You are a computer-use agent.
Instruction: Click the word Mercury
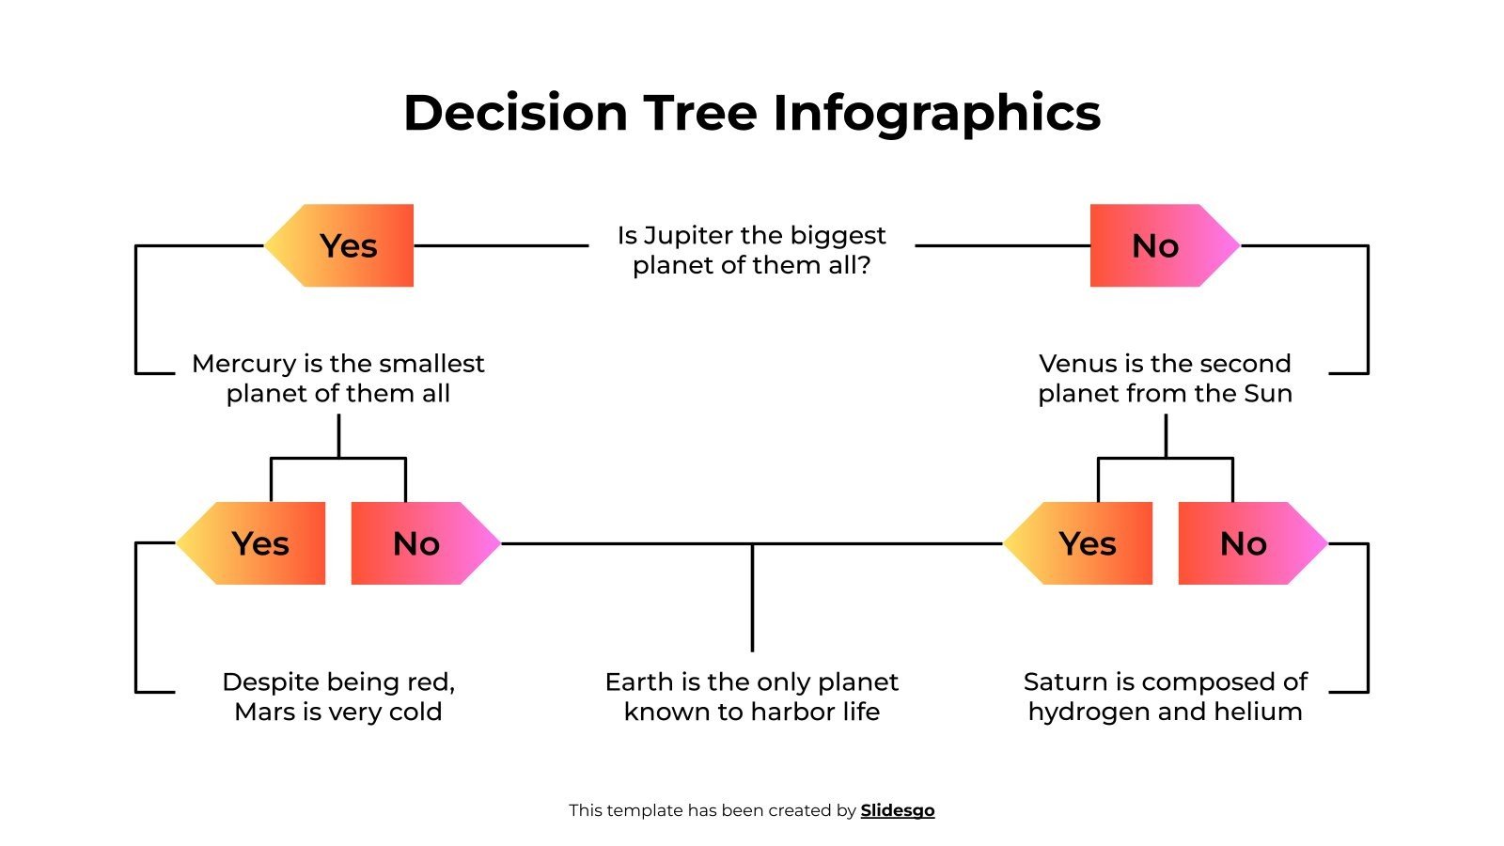[x=243, y=364]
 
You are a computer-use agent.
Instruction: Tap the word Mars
[x=264, y=712]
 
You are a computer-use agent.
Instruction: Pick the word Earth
[x=639, y=681]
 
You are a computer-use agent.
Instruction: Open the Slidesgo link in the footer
[x=898, y=810]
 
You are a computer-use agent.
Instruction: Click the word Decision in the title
[x=515, y=113]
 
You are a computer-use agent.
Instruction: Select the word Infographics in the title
[x=936, y=113]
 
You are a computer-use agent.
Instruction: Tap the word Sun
[x=1268, y=393]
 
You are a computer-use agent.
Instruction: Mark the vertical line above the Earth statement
[x=752, y=597]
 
